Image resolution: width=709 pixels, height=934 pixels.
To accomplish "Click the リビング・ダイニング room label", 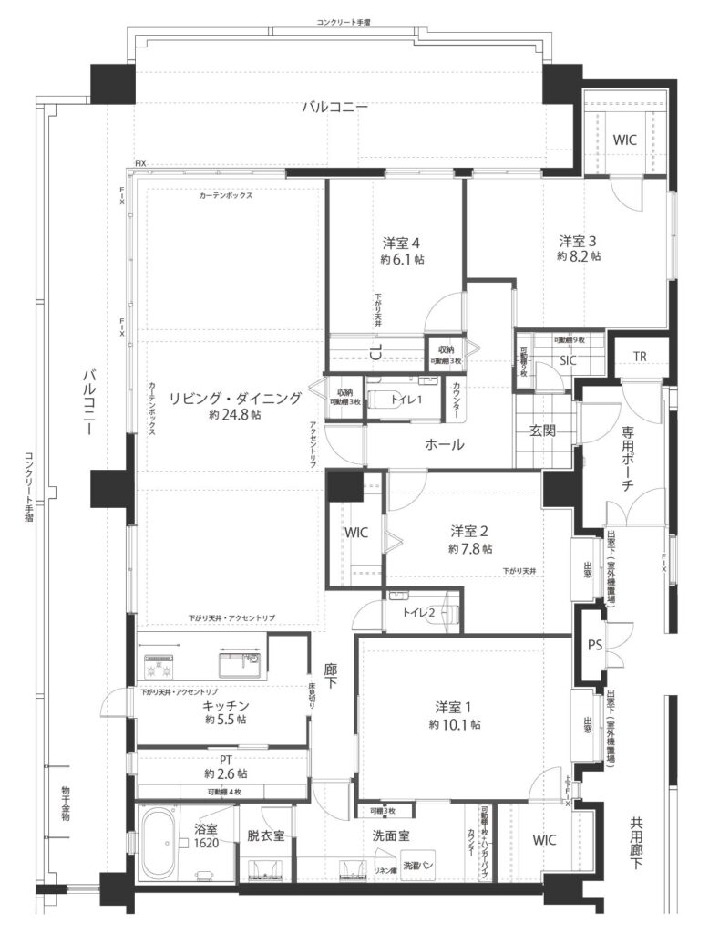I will tap(234, 398).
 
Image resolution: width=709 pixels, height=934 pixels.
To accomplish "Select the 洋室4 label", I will tap(401, 243).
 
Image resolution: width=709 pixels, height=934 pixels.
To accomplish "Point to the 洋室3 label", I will tap(578, 241).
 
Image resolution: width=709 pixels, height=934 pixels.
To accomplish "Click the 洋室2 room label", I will tap(469, 531).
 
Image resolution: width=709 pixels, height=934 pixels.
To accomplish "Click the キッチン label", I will tap(227, 705).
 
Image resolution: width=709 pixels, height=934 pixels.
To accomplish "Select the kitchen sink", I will tap(239, 660).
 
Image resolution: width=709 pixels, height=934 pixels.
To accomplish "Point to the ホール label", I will tap(444, 445).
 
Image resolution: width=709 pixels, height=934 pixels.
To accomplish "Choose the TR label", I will tap(640, 357).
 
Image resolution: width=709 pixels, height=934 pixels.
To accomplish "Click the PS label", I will tap(595, 644).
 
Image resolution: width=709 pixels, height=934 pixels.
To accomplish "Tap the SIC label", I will tap(568, 360).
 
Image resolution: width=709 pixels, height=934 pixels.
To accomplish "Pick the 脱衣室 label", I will tap(265, 835).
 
